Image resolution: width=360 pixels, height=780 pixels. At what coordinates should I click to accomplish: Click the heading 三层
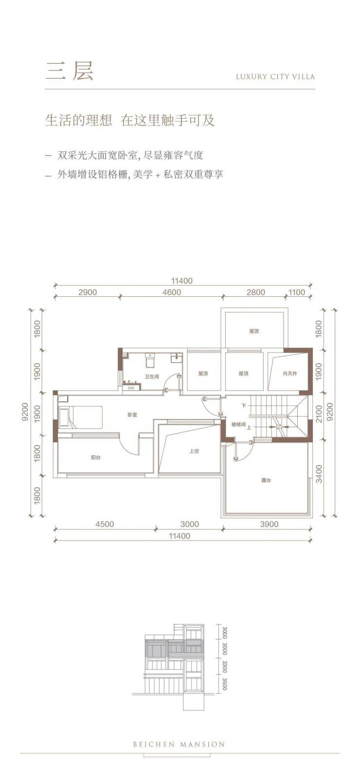[69, 72]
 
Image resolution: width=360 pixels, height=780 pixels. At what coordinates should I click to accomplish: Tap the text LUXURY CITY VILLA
[275, 76]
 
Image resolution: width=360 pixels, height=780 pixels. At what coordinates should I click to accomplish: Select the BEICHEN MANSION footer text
[180, 744]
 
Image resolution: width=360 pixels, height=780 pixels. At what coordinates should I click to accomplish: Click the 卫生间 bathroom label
[152, 377]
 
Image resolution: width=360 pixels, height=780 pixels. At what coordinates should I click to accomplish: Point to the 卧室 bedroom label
[132, 415]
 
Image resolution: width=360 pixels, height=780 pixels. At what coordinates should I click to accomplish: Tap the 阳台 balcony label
[96, 457]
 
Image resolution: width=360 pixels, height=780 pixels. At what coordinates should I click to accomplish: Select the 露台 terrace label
[266, 480]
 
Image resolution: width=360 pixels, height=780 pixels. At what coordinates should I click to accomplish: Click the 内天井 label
[289, 374]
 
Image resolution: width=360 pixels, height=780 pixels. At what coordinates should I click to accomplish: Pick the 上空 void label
[194, 451]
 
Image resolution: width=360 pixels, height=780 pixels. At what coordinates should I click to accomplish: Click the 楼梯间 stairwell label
[239, 424]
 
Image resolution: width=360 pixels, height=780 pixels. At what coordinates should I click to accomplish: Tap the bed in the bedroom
[80, 417]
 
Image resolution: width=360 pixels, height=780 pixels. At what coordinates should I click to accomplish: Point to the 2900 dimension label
[88, 292]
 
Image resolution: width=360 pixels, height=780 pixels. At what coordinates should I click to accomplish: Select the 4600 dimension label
[172, 292]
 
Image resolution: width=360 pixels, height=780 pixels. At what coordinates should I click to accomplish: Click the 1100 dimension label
[297, 292]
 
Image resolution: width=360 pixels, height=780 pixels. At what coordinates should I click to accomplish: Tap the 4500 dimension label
[105, 524]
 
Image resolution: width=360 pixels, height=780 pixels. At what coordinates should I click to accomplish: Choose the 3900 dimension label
[269, 524]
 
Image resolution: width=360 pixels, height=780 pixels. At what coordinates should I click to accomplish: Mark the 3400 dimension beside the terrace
[319, 474]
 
